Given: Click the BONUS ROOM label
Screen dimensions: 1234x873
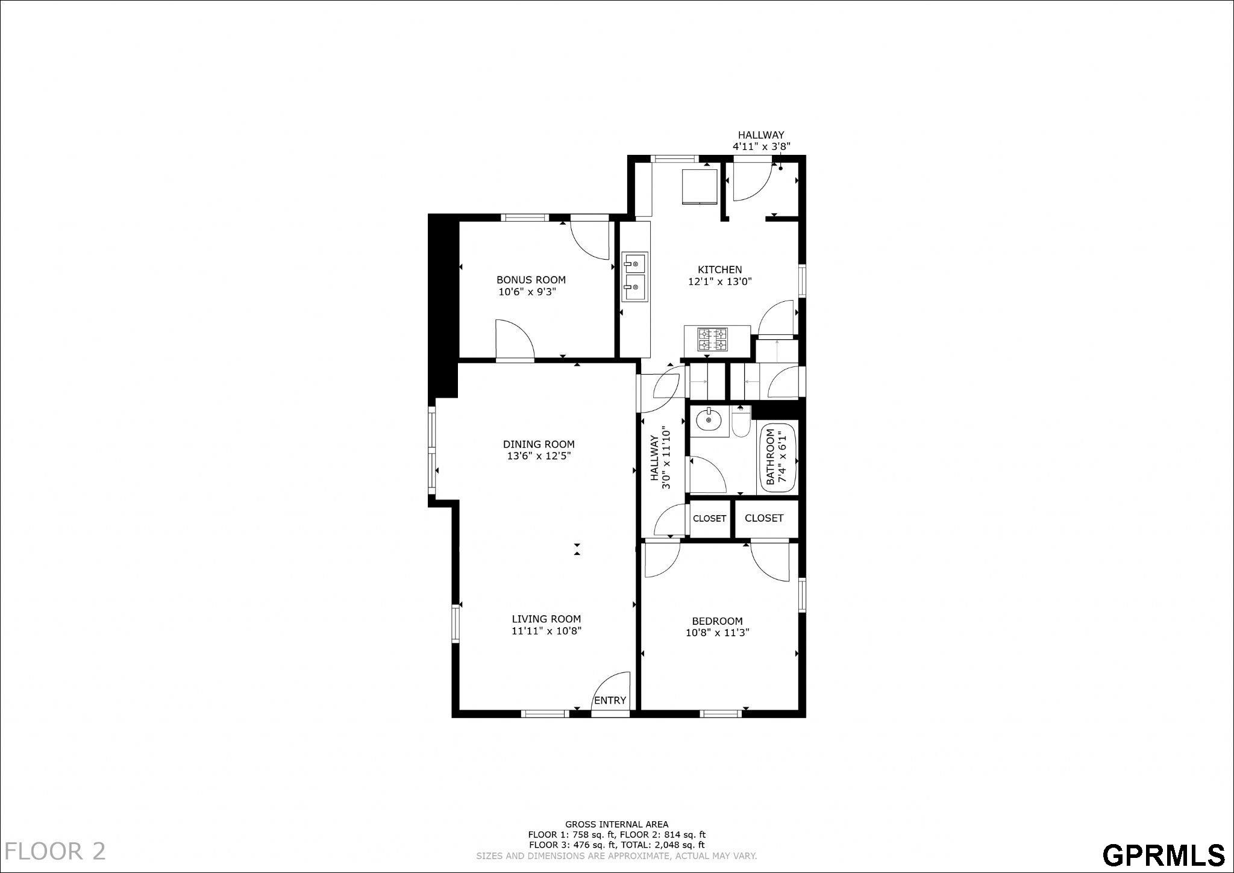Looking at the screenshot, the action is click(x=531, y=280).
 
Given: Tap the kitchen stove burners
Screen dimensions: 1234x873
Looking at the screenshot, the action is click(x=713, y=339).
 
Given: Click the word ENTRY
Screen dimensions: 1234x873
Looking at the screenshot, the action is click(x=610, y=700).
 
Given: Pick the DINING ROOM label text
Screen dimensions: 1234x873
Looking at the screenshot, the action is click(x=539, y=445).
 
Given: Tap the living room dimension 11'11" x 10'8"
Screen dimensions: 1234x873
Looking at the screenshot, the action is click(x=547, y=631).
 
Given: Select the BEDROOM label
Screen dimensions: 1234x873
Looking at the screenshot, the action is click(x=717, y=621).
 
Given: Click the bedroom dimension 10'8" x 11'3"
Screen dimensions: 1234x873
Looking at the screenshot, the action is click(x=717, y=633).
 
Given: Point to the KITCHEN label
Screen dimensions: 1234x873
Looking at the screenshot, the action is click(x=720, y=269).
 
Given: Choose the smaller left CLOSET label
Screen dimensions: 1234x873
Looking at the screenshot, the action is click(x=710, y=519).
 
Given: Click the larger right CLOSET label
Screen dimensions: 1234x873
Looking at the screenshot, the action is click(x=764, y=518).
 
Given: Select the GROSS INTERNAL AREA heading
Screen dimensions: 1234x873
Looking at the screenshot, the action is click(x=616, y=824).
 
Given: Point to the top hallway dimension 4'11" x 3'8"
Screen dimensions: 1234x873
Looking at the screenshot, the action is click(x=762, y=146).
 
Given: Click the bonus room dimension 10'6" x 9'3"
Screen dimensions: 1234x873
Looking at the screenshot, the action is click(x=527, y=292).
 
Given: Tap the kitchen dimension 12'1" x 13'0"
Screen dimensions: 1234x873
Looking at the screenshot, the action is click(x=720, y=281).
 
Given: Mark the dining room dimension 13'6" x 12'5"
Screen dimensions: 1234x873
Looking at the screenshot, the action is click(x=539, y=456).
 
